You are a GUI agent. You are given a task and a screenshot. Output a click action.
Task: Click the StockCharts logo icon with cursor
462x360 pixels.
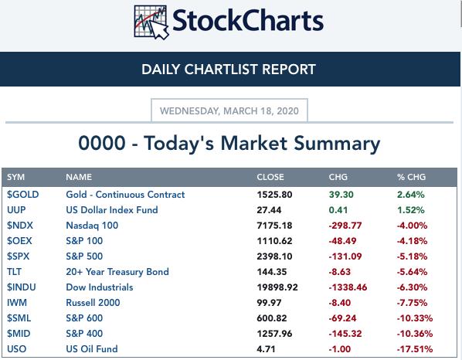[151, 22]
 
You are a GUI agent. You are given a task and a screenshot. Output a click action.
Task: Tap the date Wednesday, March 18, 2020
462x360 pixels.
[229, 111]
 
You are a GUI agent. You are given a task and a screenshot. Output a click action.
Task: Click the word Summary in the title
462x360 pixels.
[337, 144]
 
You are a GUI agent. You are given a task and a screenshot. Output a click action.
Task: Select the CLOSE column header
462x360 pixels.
[270, 177]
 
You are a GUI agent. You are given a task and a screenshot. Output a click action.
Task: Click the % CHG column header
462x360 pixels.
[411, 177]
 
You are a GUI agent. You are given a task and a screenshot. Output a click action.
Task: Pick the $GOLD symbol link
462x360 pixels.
[23, 195]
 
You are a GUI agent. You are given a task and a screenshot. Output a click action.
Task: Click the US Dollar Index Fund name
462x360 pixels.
[112, 210]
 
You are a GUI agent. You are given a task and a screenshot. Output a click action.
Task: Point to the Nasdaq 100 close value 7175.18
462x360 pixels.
[274, 226]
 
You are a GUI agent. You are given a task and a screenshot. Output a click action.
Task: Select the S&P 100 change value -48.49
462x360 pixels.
[342, 241]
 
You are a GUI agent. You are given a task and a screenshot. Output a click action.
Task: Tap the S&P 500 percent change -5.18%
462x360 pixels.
[412, 256]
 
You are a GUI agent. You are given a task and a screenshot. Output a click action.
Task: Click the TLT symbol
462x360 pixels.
[14, 272]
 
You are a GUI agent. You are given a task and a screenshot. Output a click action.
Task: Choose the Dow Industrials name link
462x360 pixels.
[100, 287]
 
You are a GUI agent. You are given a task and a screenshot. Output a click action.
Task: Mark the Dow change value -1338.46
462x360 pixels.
[348, 287]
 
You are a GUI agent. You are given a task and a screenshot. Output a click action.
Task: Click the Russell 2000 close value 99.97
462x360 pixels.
[269, 303]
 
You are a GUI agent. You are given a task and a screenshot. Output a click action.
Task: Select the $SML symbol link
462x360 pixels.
[19, 318]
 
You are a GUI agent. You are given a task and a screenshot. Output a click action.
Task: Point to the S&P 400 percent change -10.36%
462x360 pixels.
[415, 334]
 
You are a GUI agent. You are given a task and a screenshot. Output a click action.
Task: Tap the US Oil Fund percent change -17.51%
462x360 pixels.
[415, 349]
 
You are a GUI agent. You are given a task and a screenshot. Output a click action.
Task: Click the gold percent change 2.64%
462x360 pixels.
[411, 195]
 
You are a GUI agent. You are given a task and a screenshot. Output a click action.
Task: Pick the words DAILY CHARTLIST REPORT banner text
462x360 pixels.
[229, 70]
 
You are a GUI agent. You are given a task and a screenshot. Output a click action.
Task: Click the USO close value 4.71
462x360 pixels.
[266, 349]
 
